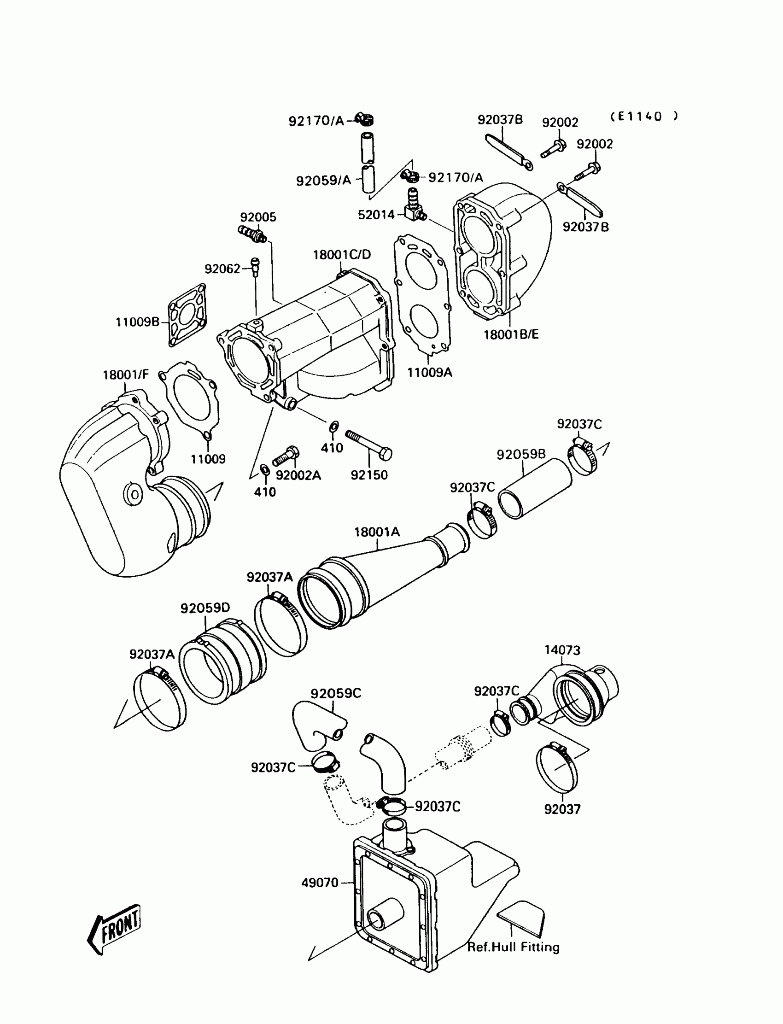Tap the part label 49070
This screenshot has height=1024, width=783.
[320, 882]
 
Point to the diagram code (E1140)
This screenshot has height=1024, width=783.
[643, 117]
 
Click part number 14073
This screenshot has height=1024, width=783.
[562, 650]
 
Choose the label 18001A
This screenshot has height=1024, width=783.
[377, 532]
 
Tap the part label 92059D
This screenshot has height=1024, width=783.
[205, 608]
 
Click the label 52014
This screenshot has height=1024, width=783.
[376, 215]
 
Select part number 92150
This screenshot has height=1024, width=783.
[369, 475]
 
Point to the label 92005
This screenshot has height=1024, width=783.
[258, 217]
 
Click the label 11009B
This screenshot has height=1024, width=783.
[138, 322]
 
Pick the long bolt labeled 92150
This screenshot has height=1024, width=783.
[368, 445]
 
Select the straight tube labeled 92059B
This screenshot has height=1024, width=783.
[535, 488]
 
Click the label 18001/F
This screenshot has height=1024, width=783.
[125, 375]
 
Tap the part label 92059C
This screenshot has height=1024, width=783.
[336, 694]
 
